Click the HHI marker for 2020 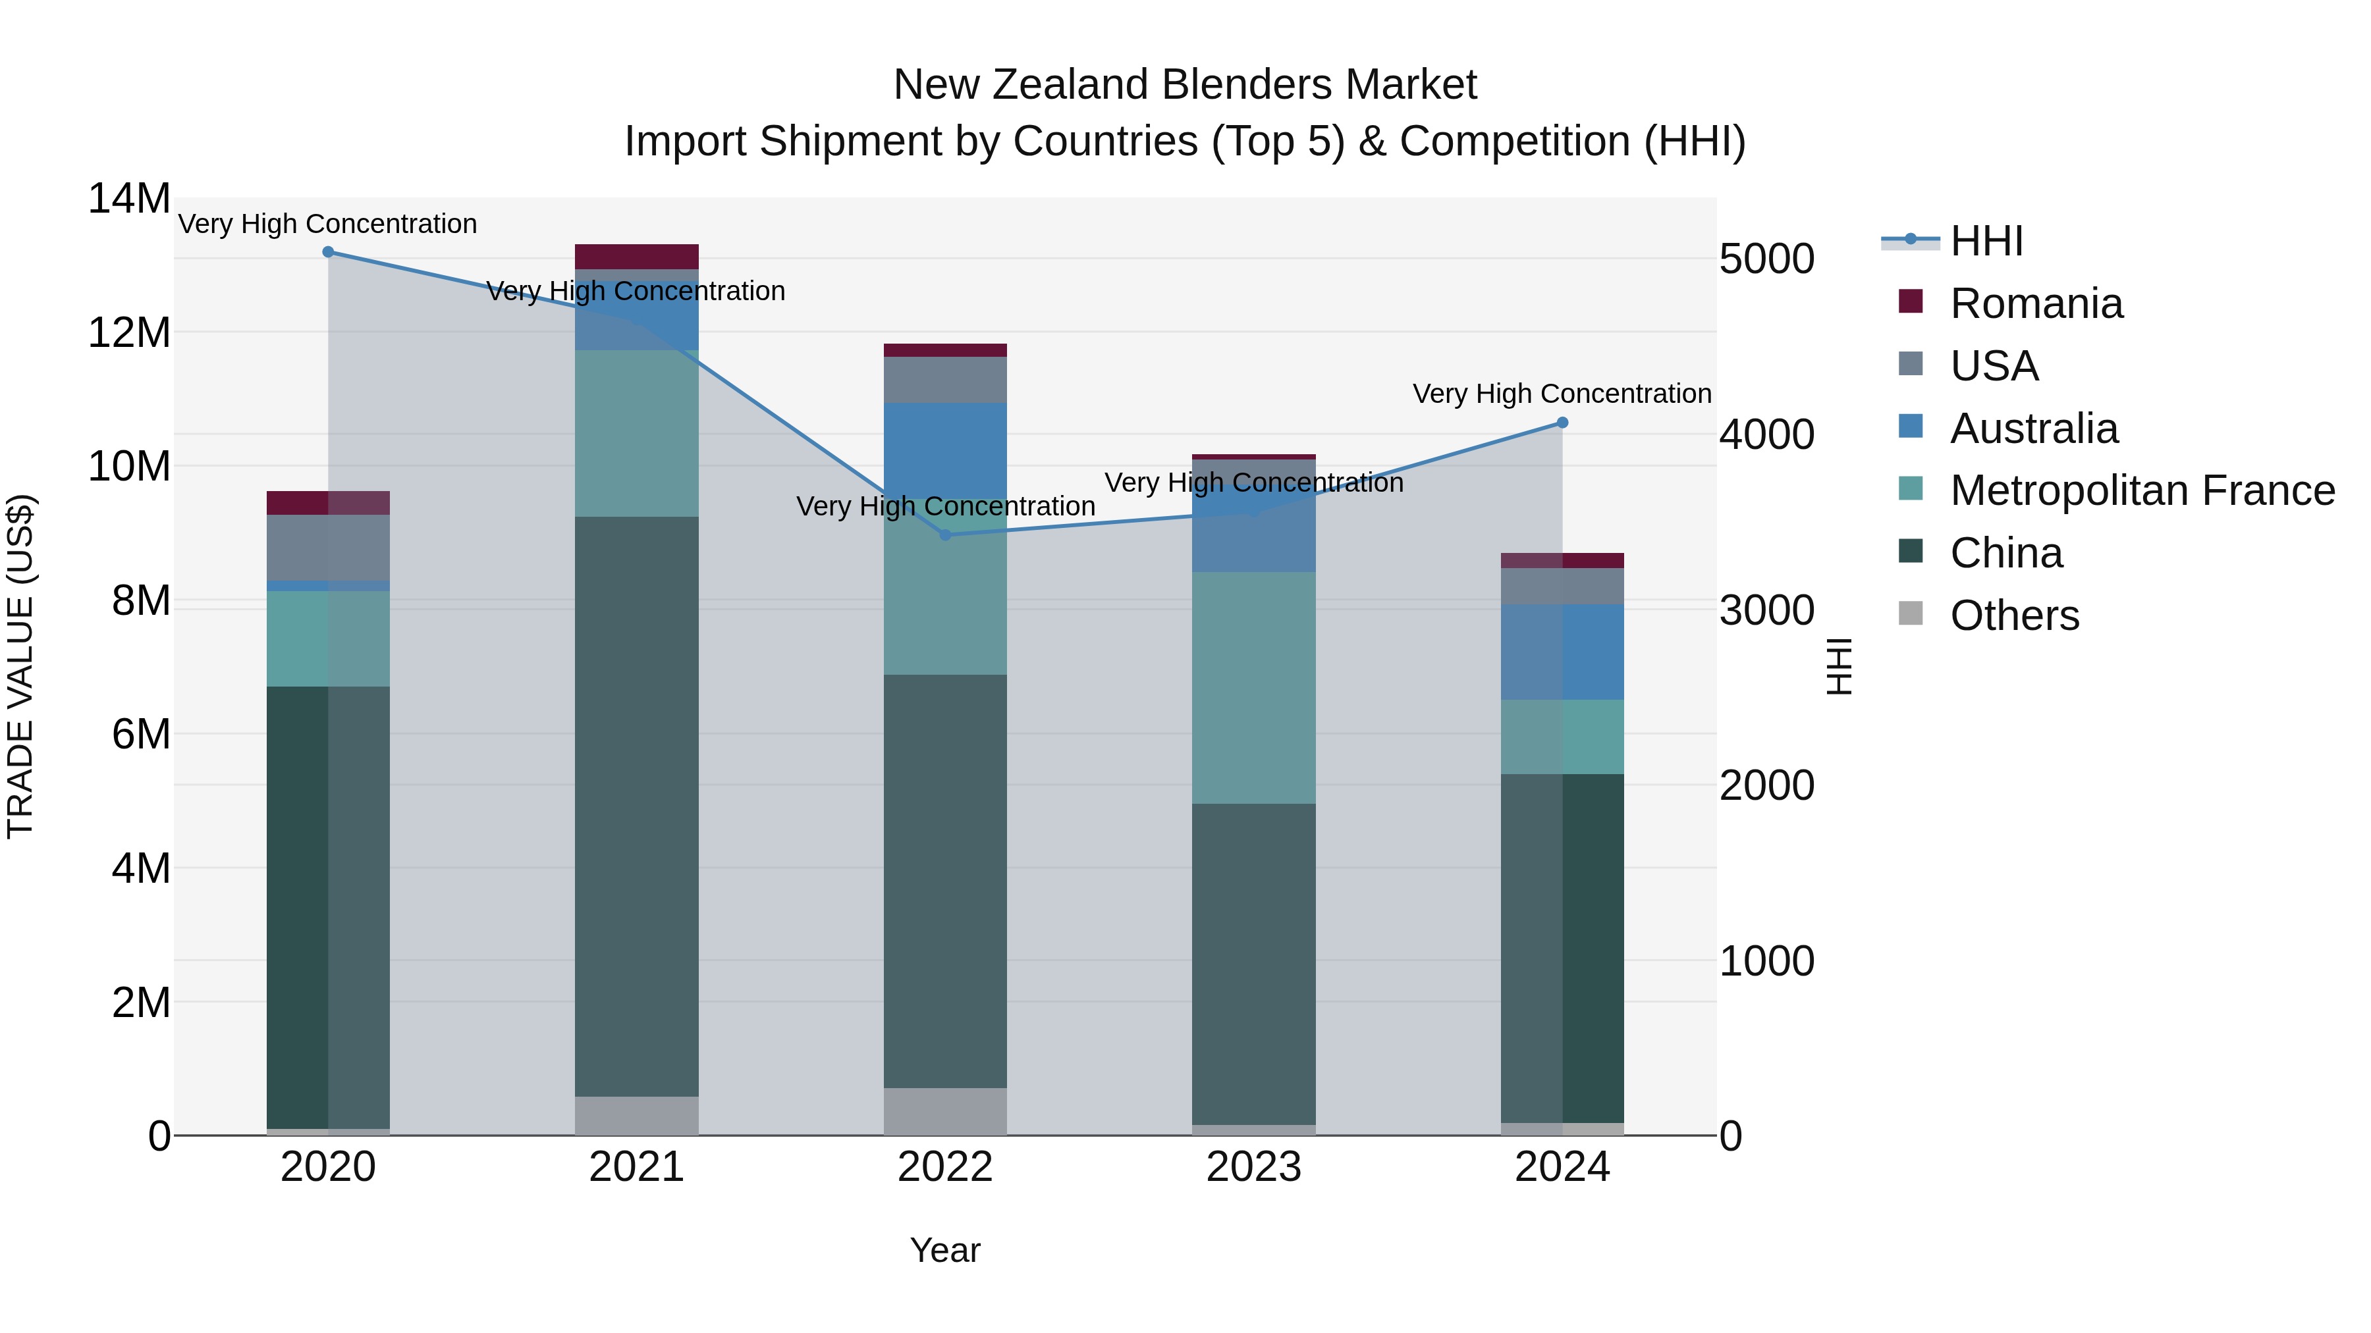[x=328, y=252]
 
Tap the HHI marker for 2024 [x=1562, y=423]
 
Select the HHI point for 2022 [x=945, y=535]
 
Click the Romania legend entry [x=2036, y=303]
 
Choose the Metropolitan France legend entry [x=2142, y=490]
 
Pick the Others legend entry [x=2014, y=615]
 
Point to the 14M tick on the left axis [x=129, y=199]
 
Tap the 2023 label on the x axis [x=1253, y=1167]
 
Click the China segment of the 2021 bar [x=637, y=806]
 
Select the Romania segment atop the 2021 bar [x=637, y=257]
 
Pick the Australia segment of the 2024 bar [x=1562, y=652]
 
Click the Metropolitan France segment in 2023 [x=1253, y=688]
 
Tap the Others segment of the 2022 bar [x=945, y=1111]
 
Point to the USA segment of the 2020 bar [x=328, y=548]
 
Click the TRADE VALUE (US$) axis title [x=20, y=666]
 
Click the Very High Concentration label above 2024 [x=1562, y=394]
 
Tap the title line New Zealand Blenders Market [x=1185, y=85]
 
